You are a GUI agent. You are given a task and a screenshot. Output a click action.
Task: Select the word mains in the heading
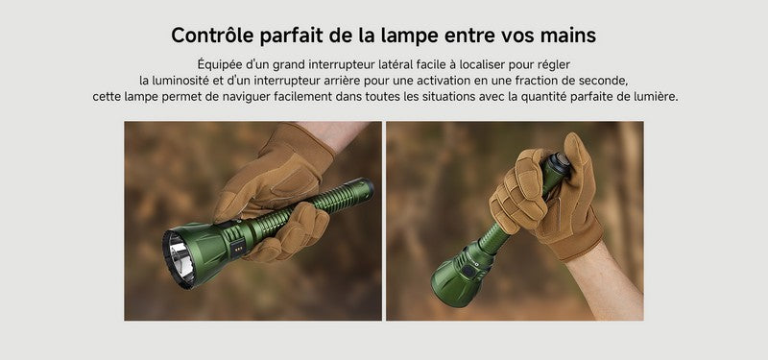click(566, 36)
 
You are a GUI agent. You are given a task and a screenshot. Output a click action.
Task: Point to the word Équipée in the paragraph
click(220, 63)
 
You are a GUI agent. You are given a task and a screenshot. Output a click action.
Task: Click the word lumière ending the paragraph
click(655, 98)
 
